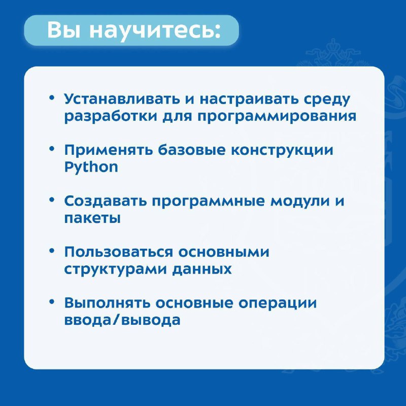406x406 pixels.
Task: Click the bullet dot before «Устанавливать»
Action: click(x=52, y=98)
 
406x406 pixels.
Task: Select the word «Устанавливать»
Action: click(x=122, y=99)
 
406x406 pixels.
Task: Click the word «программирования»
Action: click(x=277, y=117)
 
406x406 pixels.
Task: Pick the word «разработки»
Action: click(x=111, y=117)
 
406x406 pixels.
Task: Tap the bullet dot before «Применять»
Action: click(x=52, y=149)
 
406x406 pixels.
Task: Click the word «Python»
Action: click(x=91, y=167)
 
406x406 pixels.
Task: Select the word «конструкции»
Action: click(x=282, y=151)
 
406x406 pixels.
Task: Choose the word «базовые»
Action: click(x=192, y=150)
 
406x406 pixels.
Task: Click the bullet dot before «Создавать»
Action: click(x=52, y=200)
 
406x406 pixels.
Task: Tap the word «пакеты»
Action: click(x=92, y=218)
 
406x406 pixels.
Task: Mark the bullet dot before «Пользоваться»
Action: click(x=52, y=251)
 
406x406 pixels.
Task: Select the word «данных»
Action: click(x=202, y=269)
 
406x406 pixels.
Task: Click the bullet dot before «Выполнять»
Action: click(x=52, y=302)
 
